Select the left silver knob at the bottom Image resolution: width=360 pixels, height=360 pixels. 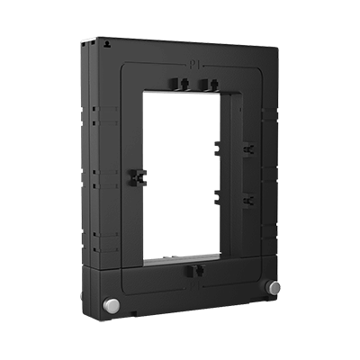point(114,304)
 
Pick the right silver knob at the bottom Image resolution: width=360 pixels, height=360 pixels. point(274,287)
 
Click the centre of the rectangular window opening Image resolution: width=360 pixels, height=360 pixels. point(184,171)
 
